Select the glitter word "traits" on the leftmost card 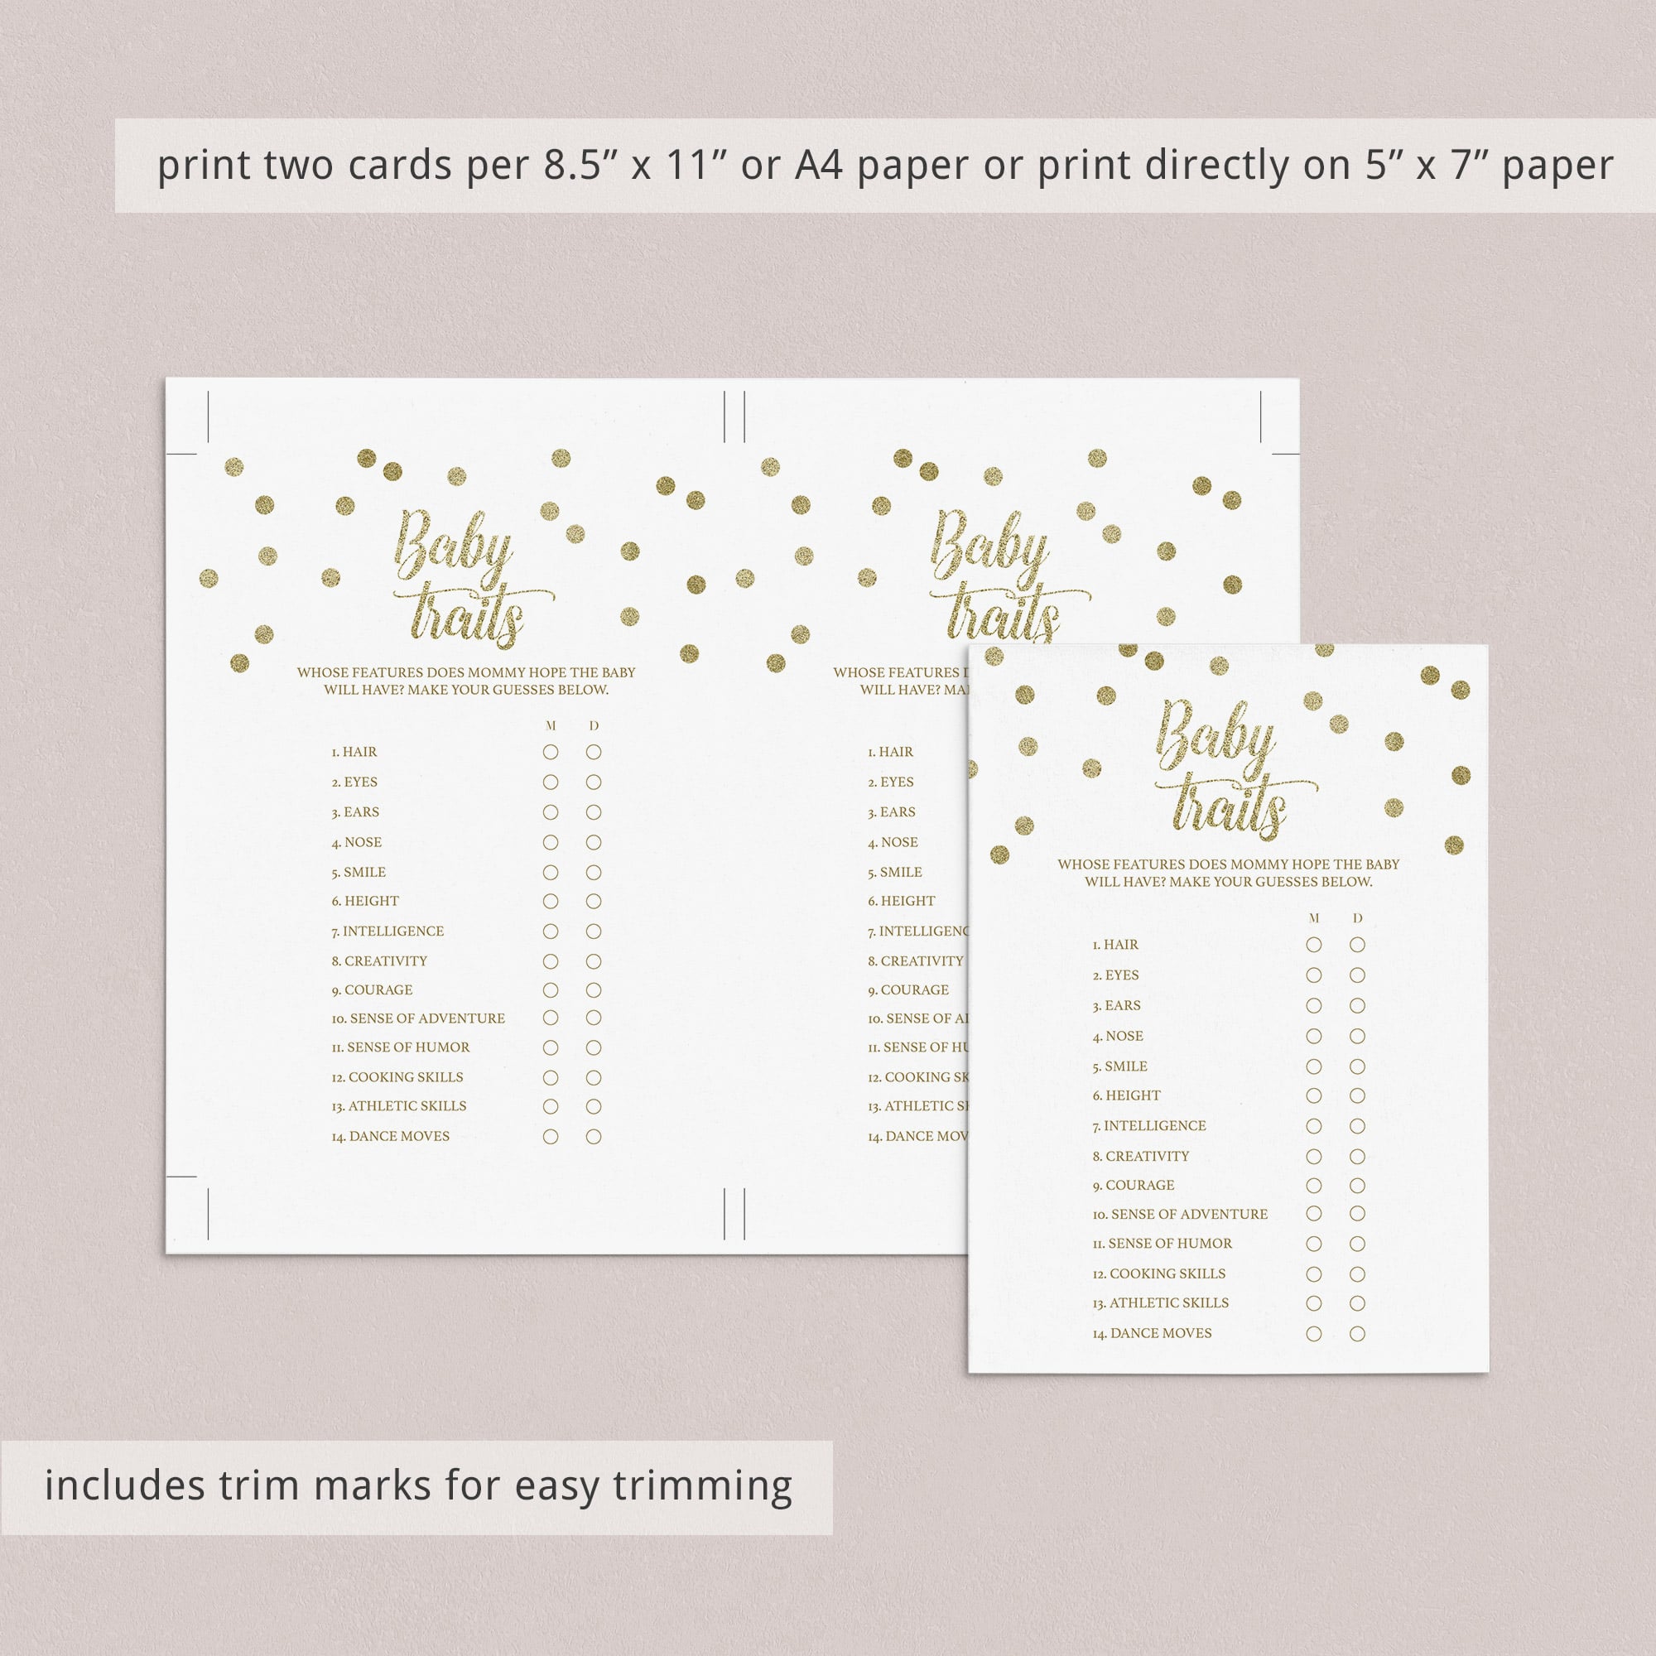467,614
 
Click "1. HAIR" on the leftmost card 354,752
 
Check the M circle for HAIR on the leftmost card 551,752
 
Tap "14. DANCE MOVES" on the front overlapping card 1152,1333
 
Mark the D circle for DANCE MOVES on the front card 1357,1334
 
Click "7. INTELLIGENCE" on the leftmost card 388,931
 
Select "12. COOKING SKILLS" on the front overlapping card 1159,1273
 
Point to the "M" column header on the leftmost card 551,726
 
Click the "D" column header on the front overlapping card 1357,918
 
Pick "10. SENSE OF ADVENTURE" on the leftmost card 418,1018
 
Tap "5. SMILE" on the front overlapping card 1119,1066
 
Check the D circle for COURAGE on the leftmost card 593,990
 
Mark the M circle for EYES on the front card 1313,975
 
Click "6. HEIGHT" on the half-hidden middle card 901,901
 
